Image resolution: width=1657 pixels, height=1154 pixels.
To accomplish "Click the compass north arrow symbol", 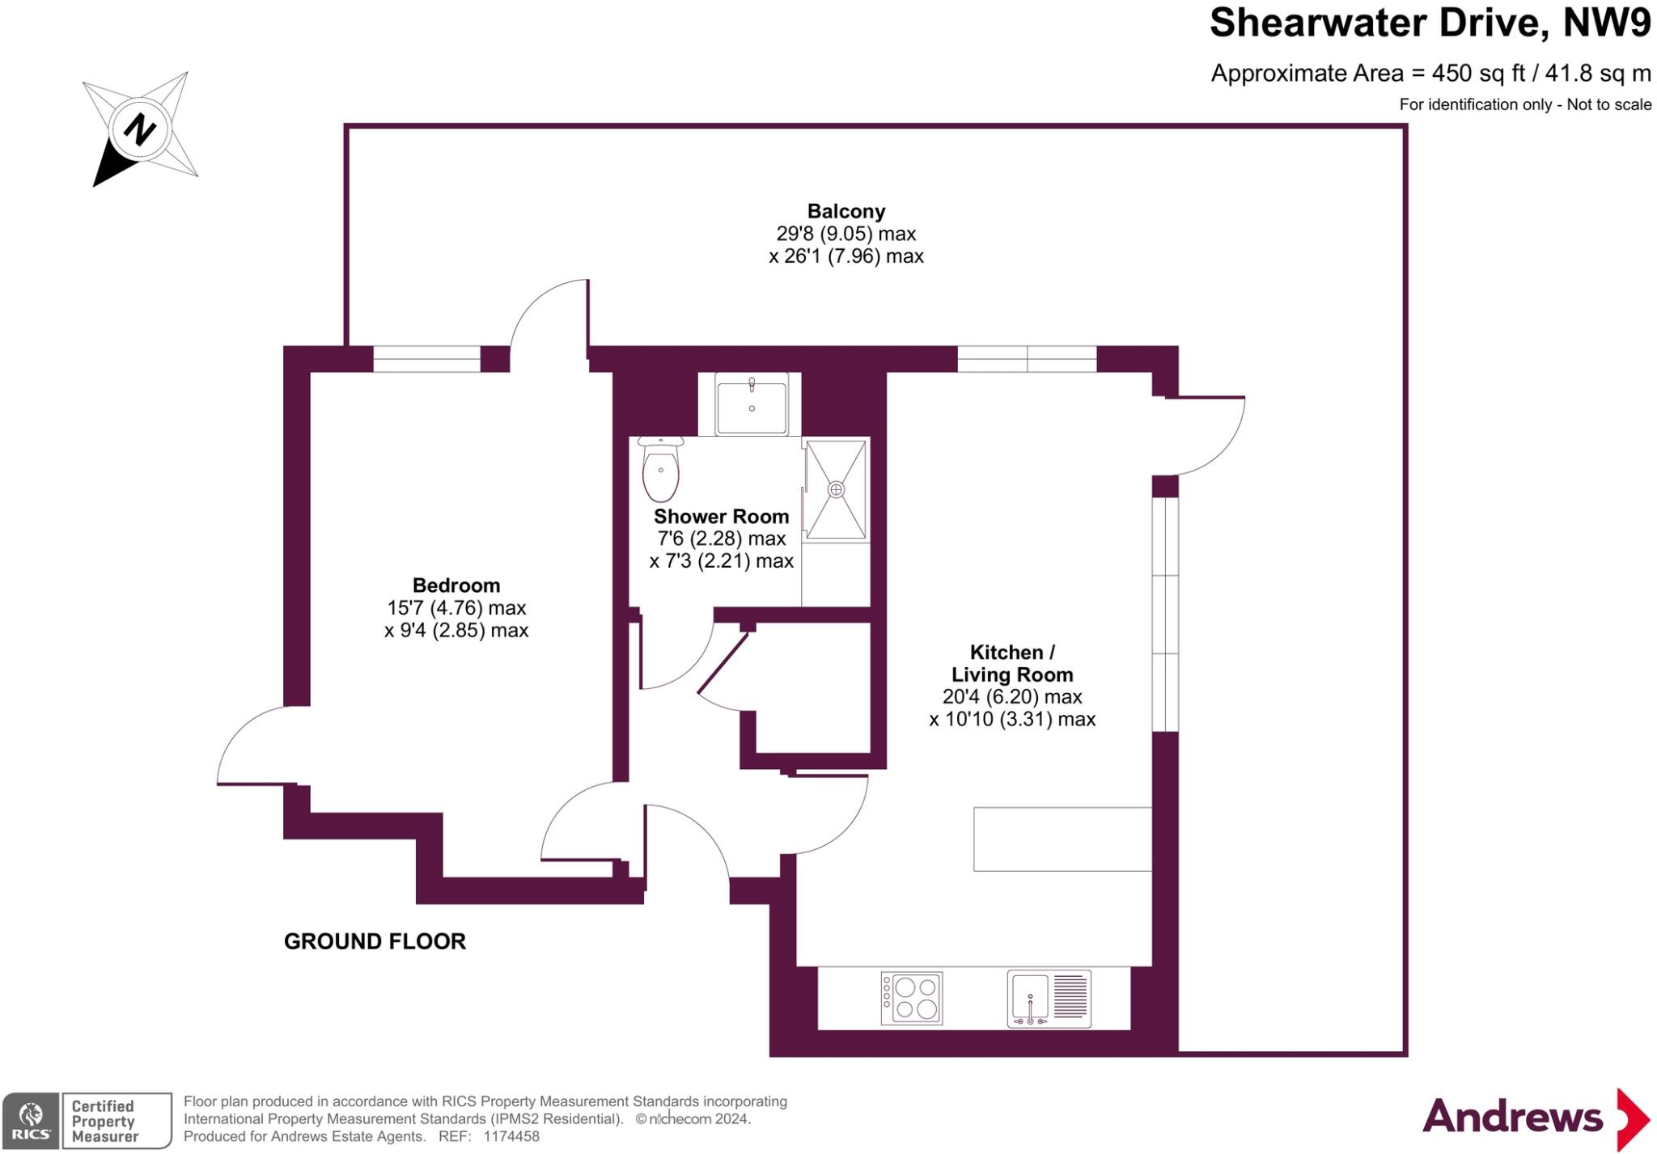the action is click(x=140, y=129).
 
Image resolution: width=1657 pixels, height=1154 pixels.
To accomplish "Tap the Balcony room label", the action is click(x=846, y=211).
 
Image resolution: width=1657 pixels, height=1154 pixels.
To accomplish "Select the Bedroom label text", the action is click(x=456, y=585).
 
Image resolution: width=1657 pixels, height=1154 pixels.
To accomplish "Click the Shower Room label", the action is click(x=721, y=516).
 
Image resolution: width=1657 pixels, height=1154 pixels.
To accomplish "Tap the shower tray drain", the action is click(x=836, y=489).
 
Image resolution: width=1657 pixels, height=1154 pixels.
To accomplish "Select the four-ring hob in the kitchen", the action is click(x=912, y=998).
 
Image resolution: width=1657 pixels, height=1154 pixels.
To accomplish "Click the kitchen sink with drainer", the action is click(x=1049, y=998).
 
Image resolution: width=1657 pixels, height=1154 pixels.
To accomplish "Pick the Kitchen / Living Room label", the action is click(x=1012, y=663).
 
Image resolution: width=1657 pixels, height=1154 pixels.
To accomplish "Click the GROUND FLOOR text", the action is click(x=375, y=941).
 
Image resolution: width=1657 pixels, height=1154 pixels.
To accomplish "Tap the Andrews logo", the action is click(x=1536, y=1118).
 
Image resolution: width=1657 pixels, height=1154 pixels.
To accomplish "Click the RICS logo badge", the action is click(x=31, y=1120).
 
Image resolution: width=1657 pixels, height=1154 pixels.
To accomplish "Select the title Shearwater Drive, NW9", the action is click(x=1430, y=23).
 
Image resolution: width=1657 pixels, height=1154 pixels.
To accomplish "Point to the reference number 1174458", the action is click(x=511, y=1136).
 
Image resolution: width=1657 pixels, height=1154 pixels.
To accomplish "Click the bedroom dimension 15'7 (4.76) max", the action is click(x=456, y=607).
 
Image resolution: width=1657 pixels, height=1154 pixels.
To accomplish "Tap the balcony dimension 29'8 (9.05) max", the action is click(x=846, y=234).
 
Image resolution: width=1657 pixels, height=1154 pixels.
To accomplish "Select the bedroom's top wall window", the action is click(x=426, y=359).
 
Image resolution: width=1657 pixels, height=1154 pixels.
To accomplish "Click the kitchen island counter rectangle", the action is click(x=1062, y=839).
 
